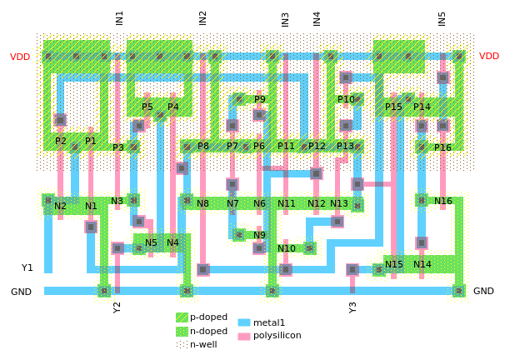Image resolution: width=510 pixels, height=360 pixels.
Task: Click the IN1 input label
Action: pos(119,17)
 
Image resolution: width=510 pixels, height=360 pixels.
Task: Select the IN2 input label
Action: pos(202,17)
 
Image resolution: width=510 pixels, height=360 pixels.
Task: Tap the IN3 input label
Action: pos(285,17)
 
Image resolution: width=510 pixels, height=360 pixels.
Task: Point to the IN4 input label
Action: pos(317,17)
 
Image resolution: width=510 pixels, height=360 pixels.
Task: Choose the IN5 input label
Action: pos(442,17)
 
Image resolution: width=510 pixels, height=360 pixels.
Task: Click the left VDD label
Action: pos(20,57)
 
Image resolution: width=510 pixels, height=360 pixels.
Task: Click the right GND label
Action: pos(483,291)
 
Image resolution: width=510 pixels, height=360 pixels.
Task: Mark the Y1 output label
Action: pos(27,267)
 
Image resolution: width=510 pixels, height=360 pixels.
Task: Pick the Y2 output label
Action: pos(117,307)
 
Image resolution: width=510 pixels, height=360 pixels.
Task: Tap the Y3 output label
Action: pos(352,307)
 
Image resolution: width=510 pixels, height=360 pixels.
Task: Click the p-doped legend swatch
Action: pos(182,317)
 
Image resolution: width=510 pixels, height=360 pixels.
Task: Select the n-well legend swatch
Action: pos(182,344)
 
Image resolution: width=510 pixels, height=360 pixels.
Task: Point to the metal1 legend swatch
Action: pos(243,322)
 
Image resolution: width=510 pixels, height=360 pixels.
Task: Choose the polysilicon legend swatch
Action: pos(243,336)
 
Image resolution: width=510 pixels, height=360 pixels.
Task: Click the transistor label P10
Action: pos(346,99)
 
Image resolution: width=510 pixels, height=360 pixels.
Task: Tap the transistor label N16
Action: pos(443,201)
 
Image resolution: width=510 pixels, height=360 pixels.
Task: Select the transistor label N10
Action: pos(287,248)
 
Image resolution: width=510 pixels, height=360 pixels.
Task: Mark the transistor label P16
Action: pos(442,147)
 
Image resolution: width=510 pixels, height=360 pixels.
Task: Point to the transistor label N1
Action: pos(91,206)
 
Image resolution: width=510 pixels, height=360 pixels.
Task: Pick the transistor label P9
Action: pos(260,99)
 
